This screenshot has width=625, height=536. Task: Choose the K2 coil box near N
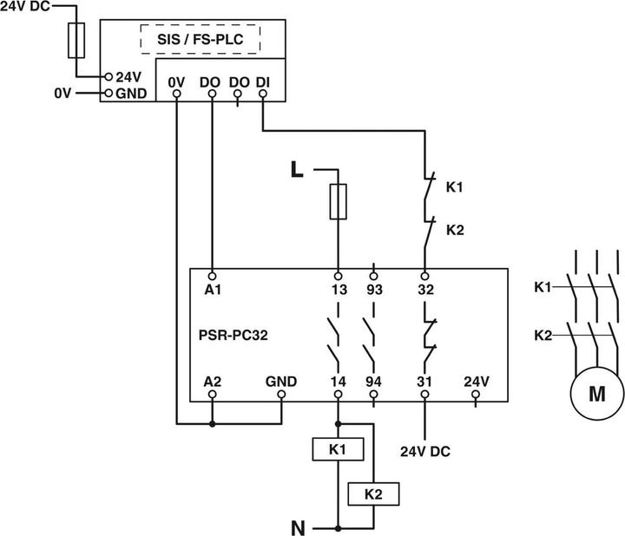pos(373,494)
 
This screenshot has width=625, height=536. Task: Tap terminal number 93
pos(374,291)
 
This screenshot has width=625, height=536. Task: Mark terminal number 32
pos(424,291)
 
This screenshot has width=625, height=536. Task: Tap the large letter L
pos(297,170)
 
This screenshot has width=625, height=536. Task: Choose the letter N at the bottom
pos(298,526)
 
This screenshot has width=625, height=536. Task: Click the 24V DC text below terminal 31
pos(424,452)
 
